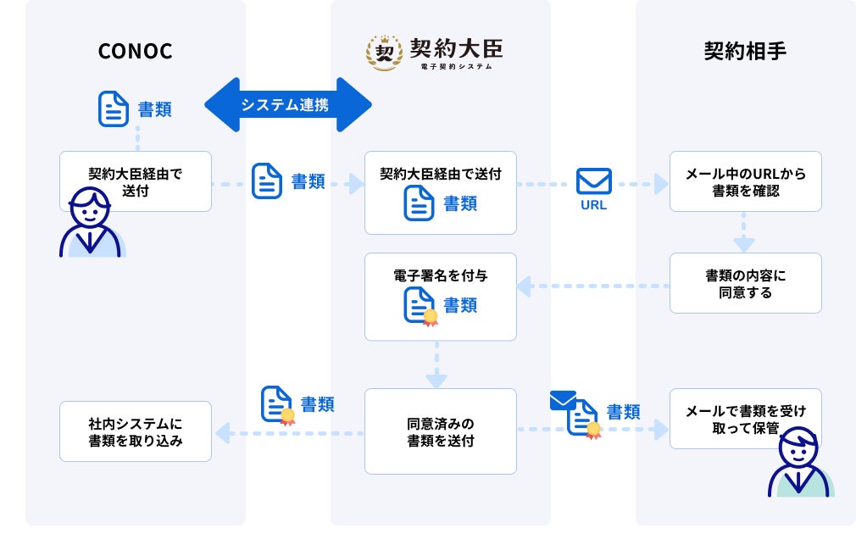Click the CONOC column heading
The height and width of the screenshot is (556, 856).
tap(136, 51)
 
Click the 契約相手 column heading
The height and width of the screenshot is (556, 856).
tap(745, 51)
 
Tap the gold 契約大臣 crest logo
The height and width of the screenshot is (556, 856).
tap(384, 53)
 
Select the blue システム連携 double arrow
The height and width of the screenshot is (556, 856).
tap(288, 105)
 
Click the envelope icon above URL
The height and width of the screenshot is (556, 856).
tap(593, 181)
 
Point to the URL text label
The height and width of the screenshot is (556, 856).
tap(593, 205)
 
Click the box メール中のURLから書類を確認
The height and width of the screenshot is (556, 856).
tap(745, 181)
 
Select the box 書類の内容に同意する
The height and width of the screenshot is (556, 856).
tap(745, 283)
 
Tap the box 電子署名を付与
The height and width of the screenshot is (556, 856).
tap(440, 296)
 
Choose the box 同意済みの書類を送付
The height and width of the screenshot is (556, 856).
tap(440, 431)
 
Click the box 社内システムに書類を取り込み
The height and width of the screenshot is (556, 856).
tap(136, 431)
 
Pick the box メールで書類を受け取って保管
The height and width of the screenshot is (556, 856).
tap(745, 419)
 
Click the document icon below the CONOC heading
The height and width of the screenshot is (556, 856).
tap(114, 108)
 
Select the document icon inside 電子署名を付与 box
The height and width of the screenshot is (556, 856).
tap(420, 305)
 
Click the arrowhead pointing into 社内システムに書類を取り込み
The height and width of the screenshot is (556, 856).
tap(221, 434)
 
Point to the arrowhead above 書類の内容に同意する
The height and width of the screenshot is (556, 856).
tap(744, 244)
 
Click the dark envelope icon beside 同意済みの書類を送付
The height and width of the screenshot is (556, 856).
tap(562, 400)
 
